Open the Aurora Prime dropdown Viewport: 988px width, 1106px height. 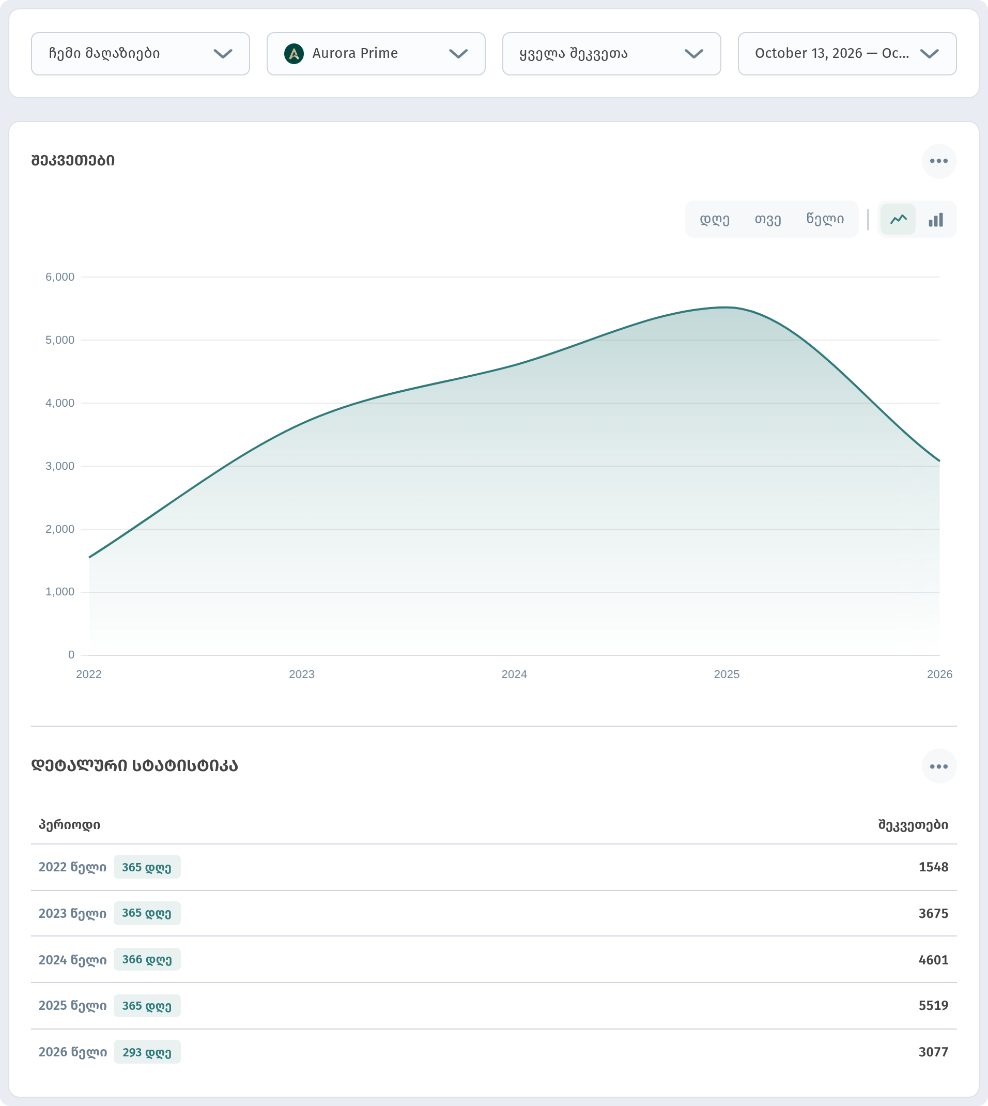[x=376, y=54]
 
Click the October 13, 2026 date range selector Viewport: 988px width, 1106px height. [x=847, y=54]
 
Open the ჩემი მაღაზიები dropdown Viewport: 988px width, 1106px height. [x=140, y=54]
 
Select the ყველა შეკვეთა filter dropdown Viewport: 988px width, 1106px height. [x=611, y=54]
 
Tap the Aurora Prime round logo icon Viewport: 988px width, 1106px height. [x=294, y=54]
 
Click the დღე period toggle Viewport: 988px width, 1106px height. [x=715, y=219]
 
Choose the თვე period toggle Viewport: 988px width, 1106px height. [x=767, y=219]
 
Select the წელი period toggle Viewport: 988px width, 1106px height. [x=825, y=219]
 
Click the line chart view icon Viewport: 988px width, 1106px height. [x=898, y=219]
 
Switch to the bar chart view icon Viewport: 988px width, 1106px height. [x=936, y=219]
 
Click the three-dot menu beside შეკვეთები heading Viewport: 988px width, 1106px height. [x=938, y=161]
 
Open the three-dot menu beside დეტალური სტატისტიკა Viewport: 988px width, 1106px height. [x=938, y=766]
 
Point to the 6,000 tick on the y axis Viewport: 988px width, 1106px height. [x=60, y=277]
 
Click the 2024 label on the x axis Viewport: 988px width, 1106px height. [x=514, y=674]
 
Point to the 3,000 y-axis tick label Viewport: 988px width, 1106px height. [x=60, y=466]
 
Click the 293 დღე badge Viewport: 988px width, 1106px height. [x=147, y=1052]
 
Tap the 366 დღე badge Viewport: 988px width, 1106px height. [x=147, y=959]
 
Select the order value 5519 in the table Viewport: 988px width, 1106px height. [x=933, y=1006]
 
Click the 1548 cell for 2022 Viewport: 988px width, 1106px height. [x=933, y=867]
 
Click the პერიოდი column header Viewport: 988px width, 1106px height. [x=69, y=825]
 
